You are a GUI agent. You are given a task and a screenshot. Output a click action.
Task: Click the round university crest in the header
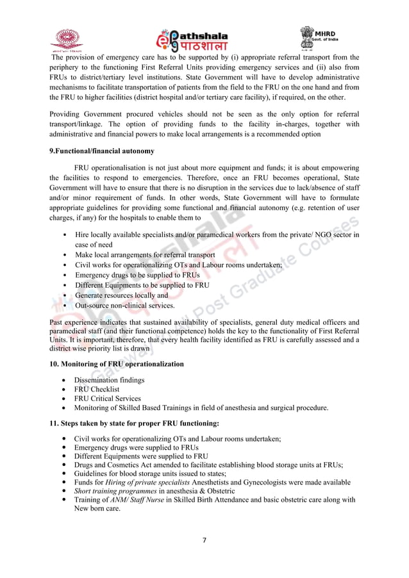67,39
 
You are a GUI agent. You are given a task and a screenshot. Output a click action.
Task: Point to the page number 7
204,540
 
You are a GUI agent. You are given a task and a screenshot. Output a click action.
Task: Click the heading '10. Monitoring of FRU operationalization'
116,364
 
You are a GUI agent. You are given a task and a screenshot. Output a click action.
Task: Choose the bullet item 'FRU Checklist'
97,389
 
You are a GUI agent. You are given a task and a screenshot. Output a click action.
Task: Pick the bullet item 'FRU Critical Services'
107,398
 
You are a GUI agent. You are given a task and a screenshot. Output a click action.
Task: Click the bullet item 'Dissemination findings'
109,380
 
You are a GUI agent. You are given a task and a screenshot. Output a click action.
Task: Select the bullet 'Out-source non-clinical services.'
125,306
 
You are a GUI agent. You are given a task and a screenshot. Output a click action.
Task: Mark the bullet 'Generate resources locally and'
121,295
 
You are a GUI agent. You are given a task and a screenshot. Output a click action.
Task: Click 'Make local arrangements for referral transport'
145,254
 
